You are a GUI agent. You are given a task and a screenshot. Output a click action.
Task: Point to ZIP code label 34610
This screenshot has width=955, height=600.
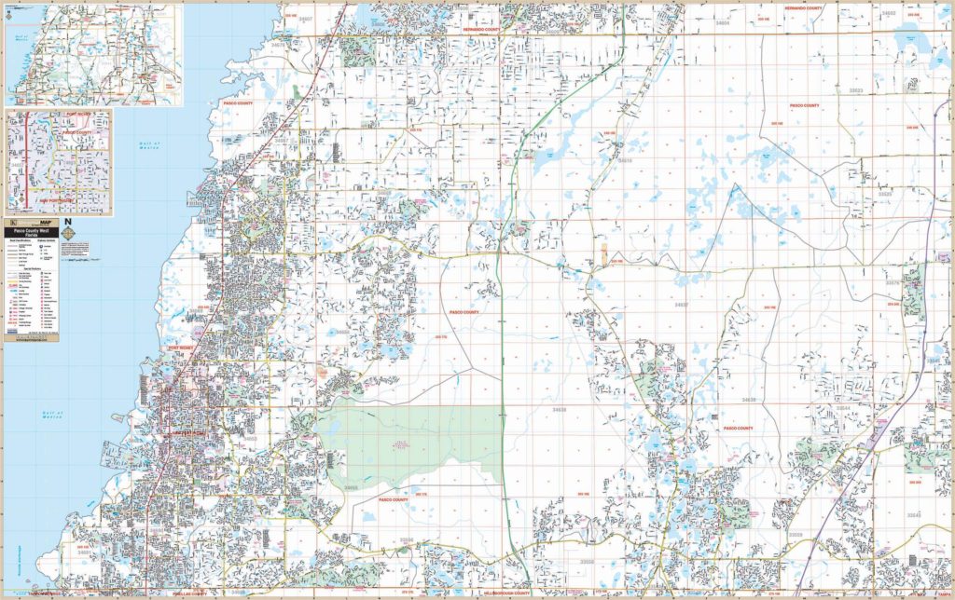tap(624, 161)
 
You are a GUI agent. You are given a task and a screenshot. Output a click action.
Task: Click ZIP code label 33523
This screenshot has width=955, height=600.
tap(856, 90)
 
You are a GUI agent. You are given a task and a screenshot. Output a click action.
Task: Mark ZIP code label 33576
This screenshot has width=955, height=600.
tap(892, 282)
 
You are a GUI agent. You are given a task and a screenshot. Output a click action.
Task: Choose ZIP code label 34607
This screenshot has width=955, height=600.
tap(306, 18)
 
